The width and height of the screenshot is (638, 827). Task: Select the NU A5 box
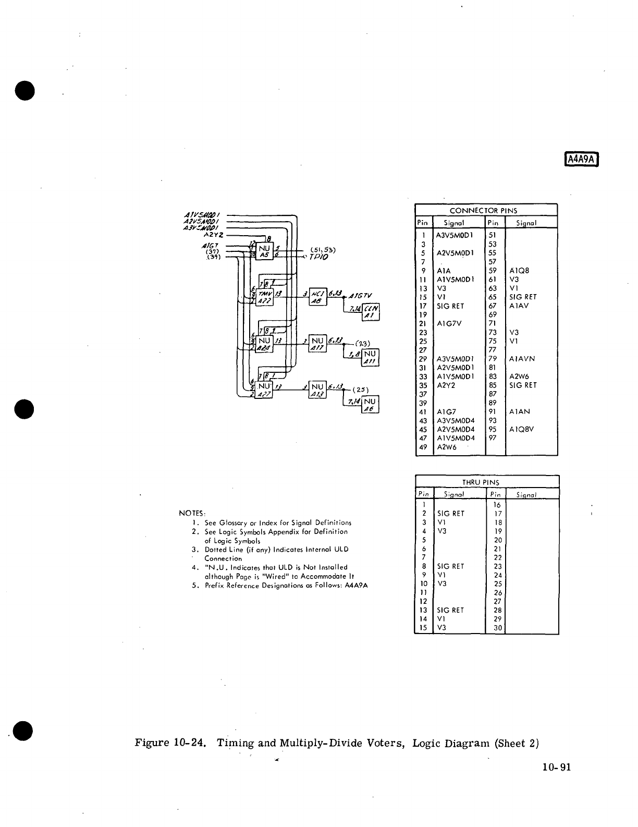(x=264, y=251)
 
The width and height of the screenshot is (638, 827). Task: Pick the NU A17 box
(x=317, y=344)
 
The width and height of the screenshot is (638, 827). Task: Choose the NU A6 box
(x=370, y=405)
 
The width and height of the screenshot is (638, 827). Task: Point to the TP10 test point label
(x=318, y=257)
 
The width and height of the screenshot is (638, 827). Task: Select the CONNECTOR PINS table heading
(x=486, y=211)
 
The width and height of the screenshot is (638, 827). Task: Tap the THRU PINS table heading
(x=486, y=482)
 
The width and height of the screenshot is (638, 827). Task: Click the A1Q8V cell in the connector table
(x=522, y=430)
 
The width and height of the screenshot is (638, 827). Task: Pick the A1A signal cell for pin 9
(x=443, y=271)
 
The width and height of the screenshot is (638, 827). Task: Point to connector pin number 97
(x=493, y=438)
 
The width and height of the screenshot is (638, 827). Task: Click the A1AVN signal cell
(x=522, y=359)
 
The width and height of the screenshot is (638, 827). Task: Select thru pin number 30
(x=497, y=628)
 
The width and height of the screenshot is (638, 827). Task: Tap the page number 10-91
(x=557, y=767)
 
